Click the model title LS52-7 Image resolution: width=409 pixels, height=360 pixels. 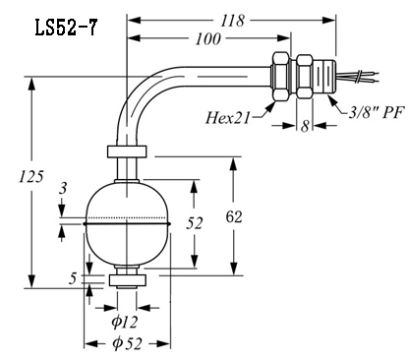coord(66,28)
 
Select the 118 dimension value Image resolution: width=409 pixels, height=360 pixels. coord(232,21)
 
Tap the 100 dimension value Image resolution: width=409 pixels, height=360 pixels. coord(207,39)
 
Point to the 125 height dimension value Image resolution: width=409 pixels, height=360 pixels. coord(30,177)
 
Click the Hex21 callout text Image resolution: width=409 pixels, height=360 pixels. coord(228,118)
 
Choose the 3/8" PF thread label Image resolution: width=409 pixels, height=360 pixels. coord(376,112)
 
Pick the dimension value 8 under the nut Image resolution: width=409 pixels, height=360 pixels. coord(305,126)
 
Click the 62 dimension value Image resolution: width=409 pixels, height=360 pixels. coord(234,216)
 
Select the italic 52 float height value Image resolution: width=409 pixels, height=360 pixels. coord(195,223)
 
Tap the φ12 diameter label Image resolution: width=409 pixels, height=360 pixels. coord(125,322)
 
